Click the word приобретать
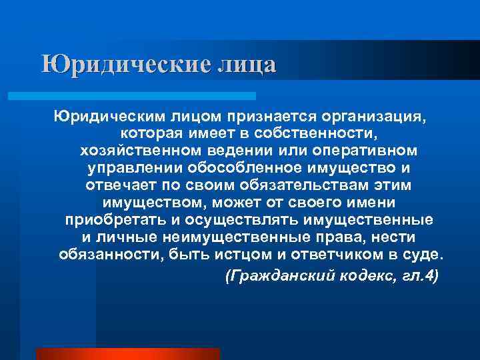[110, 219]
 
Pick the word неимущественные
[230, 237]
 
